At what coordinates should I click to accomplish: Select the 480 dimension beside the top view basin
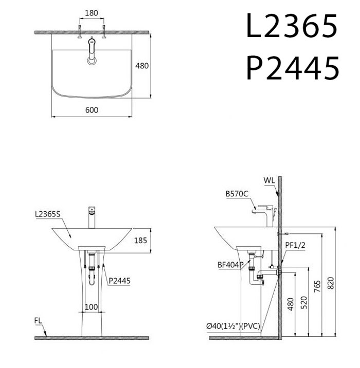click(x=142, y=65)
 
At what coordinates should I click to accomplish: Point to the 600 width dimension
click(x=92, y=110)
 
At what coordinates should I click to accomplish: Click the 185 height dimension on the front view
click(x=140, y=240)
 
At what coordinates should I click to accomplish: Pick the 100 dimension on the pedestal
click(x=91, y=307)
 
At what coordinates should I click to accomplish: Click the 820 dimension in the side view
click(x=331, y=282)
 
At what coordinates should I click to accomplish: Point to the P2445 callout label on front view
click(x=119, y=281)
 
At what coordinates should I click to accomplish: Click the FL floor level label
click(x=38, y=320)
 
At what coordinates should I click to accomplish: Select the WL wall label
click(x=269, y=180)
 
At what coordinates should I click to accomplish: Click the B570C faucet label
click(x=237, y=194)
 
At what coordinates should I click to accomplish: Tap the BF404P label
click(x=229, y=265)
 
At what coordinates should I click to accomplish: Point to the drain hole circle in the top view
click(x=93, y=61)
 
